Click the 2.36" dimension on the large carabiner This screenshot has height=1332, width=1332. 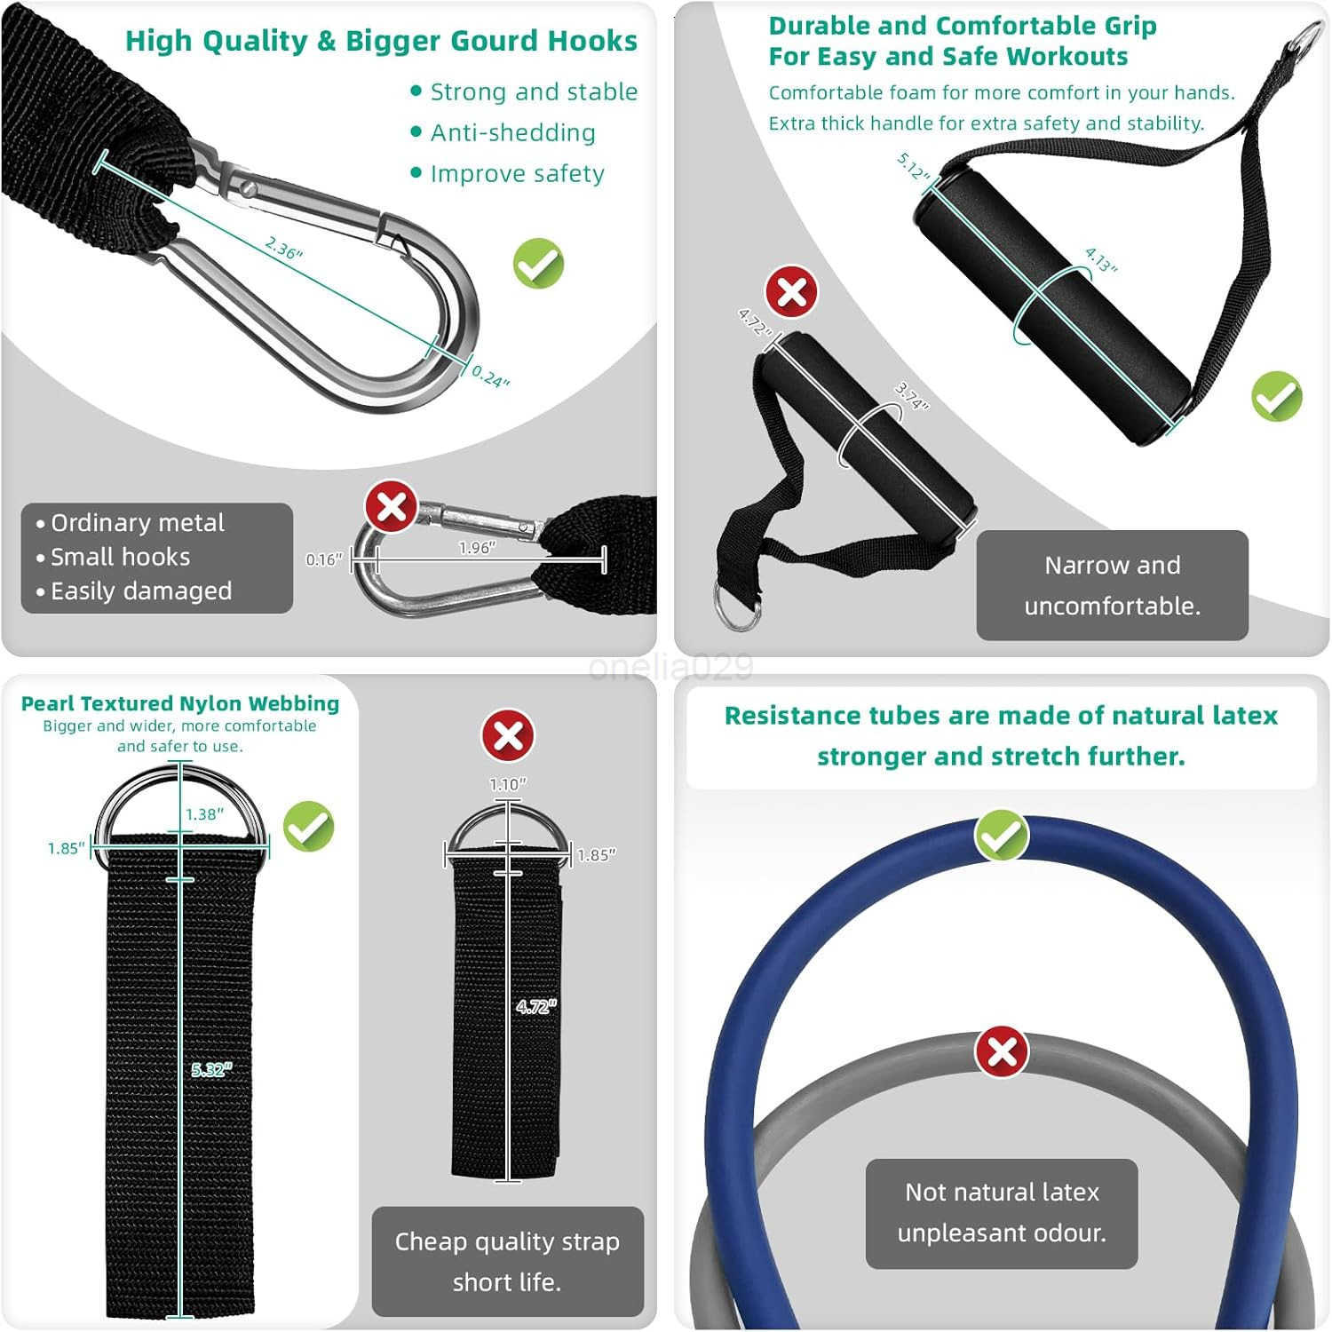coord(284,248)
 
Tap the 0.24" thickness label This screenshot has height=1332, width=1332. coord(490,377)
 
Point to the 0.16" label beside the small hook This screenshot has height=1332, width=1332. coord(323,559)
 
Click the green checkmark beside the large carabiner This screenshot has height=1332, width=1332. coord(538,264)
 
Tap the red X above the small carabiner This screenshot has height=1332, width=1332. coord(392,507)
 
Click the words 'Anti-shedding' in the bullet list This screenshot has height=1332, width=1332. coord(512,133)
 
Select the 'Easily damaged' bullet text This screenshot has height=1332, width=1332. coord(141,591)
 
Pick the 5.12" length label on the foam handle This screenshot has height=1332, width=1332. coord(913,166)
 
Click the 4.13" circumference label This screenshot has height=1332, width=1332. coord(1101,260)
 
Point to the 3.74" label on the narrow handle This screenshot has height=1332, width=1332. coord(911,396)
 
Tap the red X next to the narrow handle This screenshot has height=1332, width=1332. coord(791,291)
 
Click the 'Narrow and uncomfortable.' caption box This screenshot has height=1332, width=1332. coord(1112,585)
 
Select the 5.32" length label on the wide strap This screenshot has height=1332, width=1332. coord(211,1070)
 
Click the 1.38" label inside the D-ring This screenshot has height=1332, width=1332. coord(204,814)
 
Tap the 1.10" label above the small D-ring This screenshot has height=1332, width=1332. coord(508,784)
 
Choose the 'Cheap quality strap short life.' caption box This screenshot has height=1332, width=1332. coord(507,1261)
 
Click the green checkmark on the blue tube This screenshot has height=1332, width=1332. coord(1002,835)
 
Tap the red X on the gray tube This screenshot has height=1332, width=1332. coord(1002,1052)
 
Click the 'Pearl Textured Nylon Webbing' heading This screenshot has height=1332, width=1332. coord(180,703)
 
